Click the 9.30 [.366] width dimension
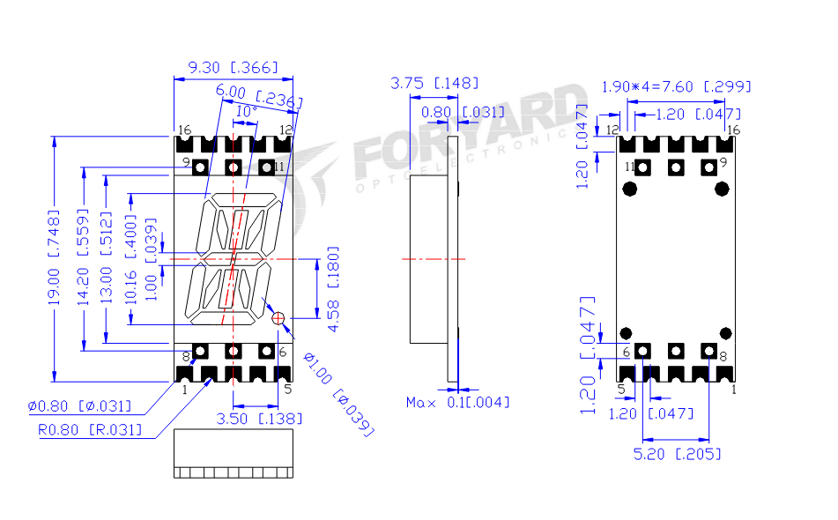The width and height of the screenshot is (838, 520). pos(234,67)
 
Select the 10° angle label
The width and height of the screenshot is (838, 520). pos(247,112)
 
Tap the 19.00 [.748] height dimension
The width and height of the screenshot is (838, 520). pos(54,257)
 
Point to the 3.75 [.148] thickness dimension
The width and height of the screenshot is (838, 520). pos(434,83)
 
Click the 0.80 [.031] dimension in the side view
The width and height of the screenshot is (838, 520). pos(463,112)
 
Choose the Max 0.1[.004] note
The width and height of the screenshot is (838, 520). pos(456,403)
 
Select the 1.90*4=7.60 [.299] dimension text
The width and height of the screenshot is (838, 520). pos(676,86)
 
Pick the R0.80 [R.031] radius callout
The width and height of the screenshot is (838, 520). pos(89,431)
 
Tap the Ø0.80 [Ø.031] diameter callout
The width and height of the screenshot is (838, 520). pos(79,406)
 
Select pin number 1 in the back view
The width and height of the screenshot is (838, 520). pos(734,388)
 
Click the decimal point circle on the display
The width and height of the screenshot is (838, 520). pos(278,318)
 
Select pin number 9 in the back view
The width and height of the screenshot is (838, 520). pos(723,162)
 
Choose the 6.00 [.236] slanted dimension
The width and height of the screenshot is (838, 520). pos(257,95)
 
